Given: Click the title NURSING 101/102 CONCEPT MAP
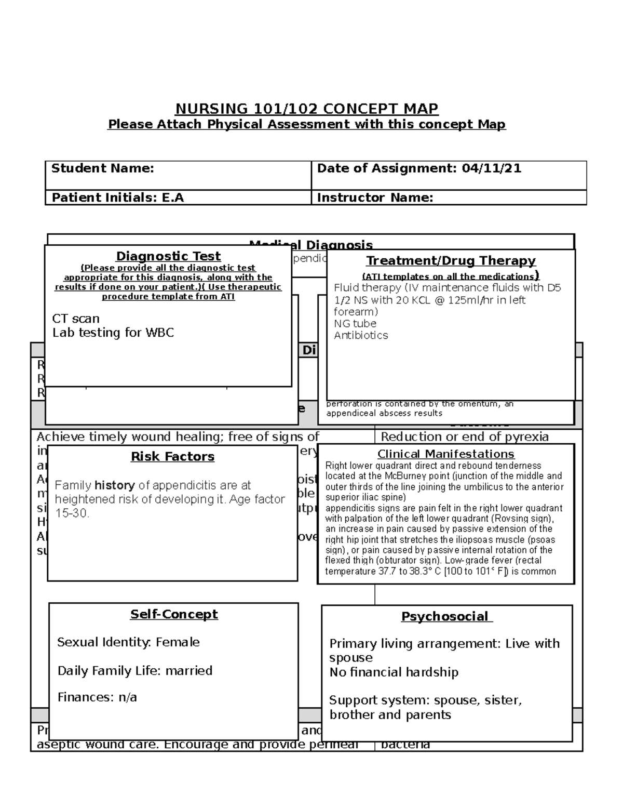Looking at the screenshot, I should click(306, 109).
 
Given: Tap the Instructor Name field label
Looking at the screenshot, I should click(375, 198).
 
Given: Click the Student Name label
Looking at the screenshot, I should click(102, 168).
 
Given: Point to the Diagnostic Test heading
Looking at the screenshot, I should click(168, 256).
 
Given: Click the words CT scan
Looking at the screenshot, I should click(76, 319).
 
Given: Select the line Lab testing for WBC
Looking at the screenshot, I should click(113, 333).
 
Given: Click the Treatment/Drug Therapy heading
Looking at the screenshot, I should click(451, 261).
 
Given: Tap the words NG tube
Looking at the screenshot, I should click(355, 323).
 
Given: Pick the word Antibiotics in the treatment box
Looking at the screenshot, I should click(361, 335).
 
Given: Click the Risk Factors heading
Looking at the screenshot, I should click(172, 457).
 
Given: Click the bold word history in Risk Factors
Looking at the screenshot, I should click(115, 485).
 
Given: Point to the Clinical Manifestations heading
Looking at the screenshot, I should click(445, 454).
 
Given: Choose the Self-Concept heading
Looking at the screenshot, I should click(174, 614).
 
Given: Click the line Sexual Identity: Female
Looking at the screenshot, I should click(128, 642).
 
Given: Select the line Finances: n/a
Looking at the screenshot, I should click(97, 697).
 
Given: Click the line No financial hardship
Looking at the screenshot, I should click(394, 672).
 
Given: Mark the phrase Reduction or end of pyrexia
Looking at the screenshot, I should click(465, 436).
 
